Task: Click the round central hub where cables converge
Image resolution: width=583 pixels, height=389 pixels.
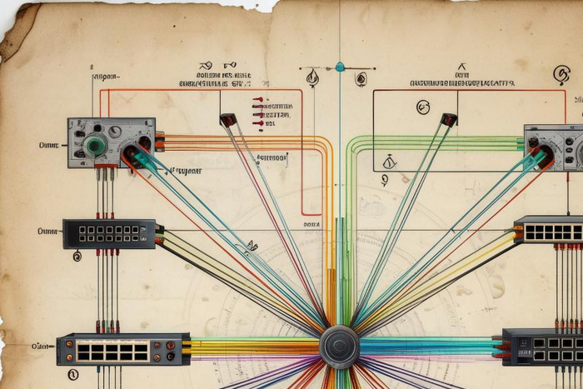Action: [340, 346]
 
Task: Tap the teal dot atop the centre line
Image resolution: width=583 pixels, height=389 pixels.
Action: [340, 67]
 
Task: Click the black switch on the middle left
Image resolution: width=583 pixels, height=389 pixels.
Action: [109, 233]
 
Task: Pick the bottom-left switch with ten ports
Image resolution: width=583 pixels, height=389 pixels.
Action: [123, 350]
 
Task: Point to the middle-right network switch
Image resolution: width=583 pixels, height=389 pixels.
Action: [549, 230]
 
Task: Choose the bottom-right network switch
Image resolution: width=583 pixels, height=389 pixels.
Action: [543, 347]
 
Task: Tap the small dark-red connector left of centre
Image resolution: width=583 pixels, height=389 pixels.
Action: [228, 120]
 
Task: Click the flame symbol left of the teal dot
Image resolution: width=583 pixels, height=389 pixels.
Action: [312, 78]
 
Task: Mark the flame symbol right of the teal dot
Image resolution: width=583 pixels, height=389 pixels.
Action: [361, 79]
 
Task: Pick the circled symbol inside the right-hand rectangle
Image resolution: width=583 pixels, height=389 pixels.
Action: [423, 107]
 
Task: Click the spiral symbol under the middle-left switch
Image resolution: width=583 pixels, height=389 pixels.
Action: [77, 257]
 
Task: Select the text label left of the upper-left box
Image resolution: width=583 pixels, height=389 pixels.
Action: [48, 145]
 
